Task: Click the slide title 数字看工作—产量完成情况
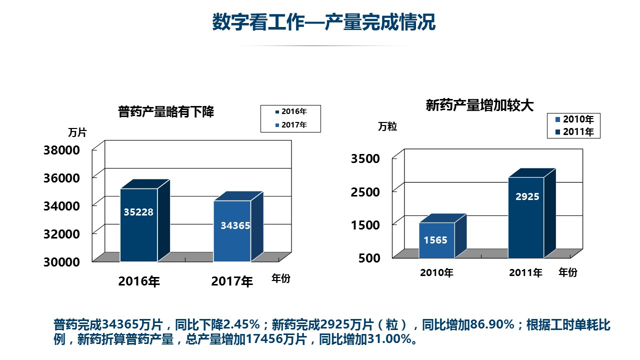323,22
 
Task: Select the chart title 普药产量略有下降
166,111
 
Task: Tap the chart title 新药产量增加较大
479,105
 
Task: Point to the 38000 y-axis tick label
61,150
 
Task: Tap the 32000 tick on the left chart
61,233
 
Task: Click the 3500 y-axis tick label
365,158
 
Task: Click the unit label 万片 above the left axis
77,133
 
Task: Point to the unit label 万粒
387,126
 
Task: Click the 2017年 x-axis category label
232,281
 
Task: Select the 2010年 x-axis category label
436,273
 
